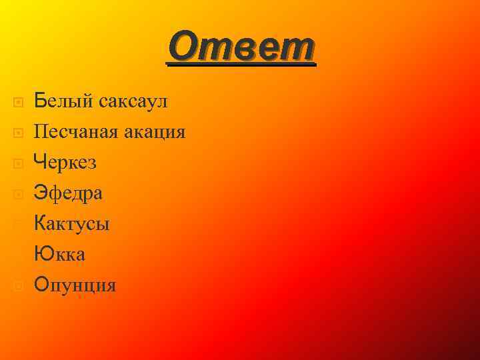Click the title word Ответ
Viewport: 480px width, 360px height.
pyautogui.click(x=241, y=48)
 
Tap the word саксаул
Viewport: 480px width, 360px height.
pyautogui.click(x=133, y=102)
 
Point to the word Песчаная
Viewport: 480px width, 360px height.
pyautogui.click(x=77, y=132)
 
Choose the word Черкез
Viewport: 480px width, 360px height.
pyautogui.click(x=65, y=162)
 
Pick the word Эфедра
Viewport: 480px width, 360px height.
pyautogui.click(x=68, y=193)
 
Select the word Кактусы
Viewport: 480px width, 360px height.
pyautogui.click(x=72, y=224)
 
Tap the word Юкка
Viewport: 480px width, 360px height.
pyautogui.click(x=60, y=255)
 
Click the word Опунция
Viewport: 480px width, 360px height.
pyautogui.click(x=75, y=285)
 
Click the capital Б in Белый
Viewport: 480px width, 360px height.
pyautogui.click(x=40, y=102)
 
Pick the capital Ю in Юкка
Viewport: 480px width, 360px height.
pyautogui.click(x=42, y=255)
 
